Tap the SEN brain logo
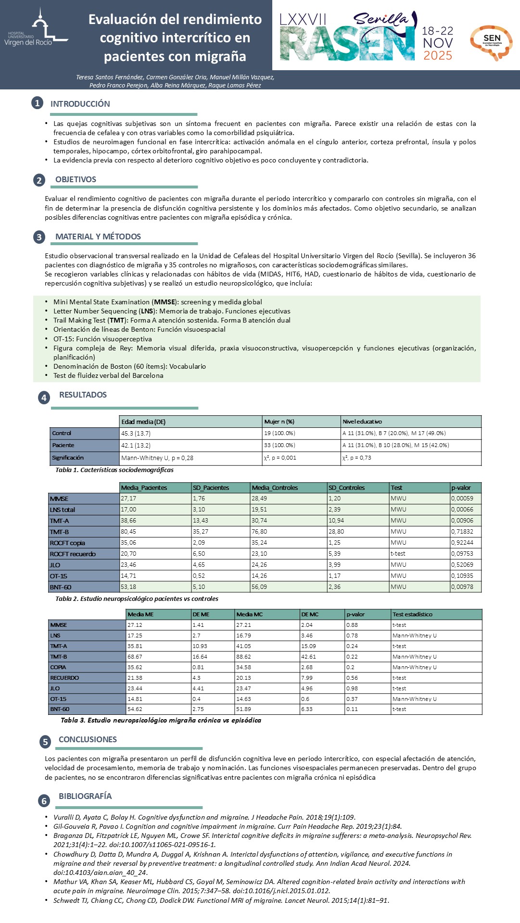point(491,42)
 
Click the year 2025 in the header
point(438,56)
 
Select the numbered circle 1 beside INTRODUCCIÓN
point(37,103)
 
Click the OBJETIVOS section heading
point(76,179)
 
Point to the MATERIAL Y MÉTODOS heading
point(98,237)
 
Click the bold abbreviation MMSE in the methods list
point(165,302)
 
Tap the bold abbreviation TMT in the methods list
point(116,320)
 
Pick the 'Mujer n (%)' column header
point(279,422)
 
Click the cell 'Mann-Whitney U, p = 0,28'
point(157,458)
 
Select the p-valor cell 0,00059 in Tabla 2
point(462,499)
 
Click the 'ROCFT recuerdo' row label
point(73,554)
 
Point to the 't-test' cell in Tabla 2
point(398,554)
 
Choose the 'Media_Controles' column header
point(275,487)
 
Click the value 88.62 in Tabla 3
point(243,657)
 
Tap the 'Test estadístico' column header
point(412,614)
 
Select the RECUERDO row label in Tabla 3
point(64,678)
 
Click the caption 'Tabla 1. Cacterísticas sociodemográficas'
point(114,470)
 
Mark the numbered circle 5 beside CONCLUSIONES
point(45,742)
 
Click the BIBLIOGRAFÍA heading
point(85,796)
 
